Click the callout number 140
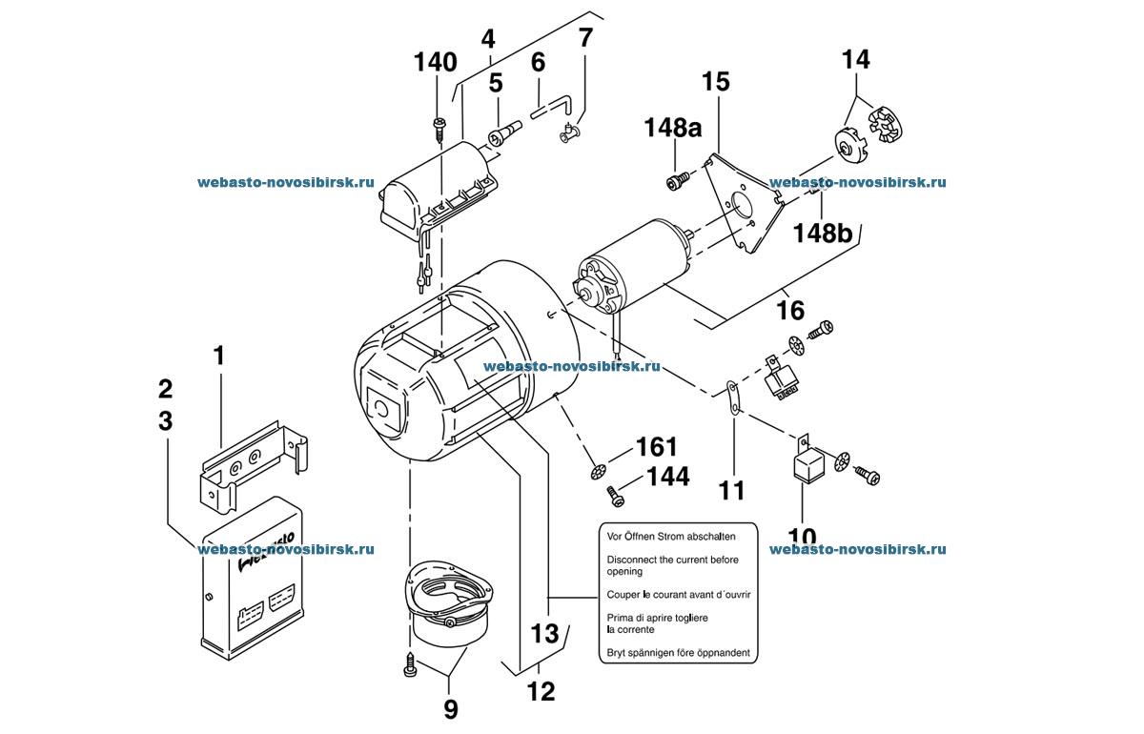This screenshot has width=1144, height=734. tap(435, 63)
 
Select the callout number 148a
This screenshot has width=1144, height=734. tap(673, 127)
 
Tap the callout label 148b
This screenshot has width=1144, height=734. tap(822, 233)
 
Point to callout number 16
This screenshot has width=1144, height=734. tap(790, 310)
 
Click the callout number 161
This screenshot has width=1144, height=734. tap(656, 447)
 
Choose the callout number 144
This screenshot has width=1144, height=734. tap(668, 477)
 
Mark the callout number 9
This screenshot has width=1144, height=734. tap(450, 709)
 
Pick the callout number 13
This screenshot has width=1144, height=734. tap(545, 633)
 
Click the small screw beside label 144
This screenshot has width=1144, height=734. tap(615, 496)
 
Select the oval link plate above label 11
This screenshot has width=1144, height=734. tap(733, 396)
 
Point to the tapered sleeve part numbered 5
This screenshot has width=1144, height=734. tap(503, 133)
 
